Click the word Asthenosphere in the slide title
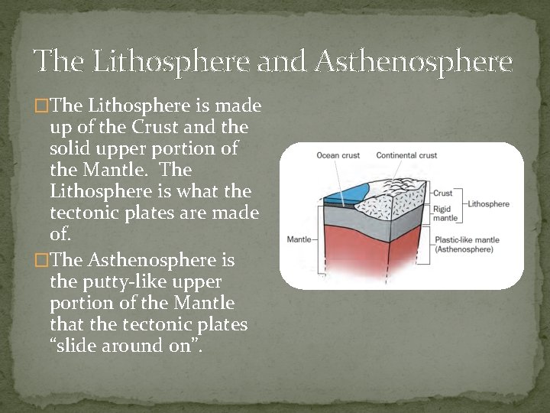pyautogui.click(x=413, y=61)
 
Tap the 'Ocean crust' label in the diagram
pyautogui.click(x=338, y=156)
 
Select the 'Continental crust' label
pyautogui.click(x=406, y=156)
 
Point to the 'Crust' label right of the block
pyautogui.click(x=443, y=193)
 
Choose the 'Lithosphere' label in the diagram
pyautogui.click(x=488, y=204)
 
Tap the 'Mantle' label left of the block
pyautogui.click(x=299, y=239)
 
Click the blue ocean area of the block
pyautogui.click(x=347, y=187)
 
